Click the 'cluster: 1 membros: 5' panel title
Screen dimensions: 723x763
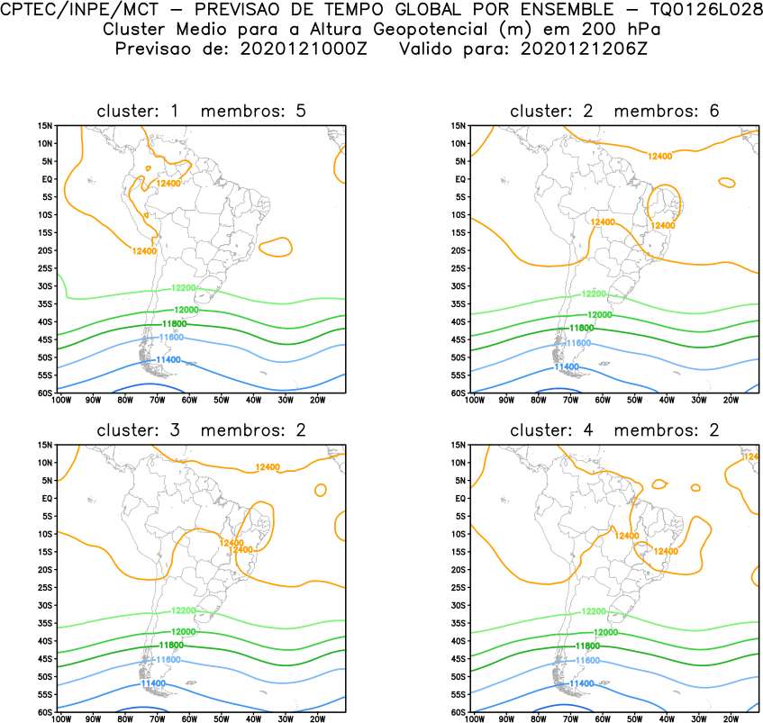click(201, 111)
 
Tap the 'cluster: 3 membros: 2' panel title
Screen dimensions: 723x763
click(201, 430)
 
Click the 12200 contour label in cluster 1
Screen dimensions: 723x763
click(183, 289)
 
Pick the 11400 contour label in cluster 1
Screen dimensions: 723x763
click(168, 360)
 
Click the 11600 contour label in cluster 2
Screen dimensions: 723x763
click(577, 344)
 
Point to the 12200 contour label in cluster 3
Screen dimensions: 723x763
click(183, 610)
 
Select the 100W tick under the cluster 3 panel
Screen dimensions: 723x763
click(60, 719)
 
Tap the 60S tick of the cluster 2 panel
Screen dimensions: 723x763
click(458, 393)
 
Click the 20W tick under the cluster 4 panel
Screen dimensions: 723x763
click(730, 719)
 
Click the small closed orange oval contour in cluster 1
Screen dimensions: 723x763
click(275, 246)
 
